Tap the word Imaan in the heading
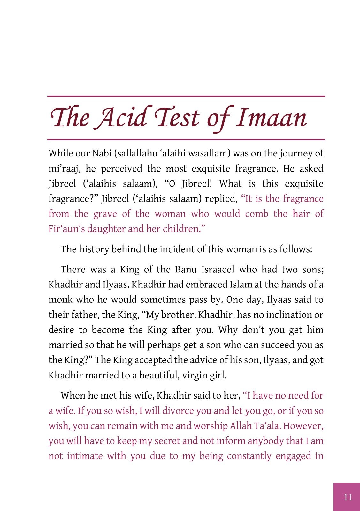271,118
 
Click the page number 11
348,497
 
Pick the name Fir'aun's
66,229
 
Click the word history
94,249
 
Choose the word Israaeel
218,270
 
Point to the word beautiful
159,375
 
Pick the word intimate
85,456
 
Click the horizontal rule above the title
186,96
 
